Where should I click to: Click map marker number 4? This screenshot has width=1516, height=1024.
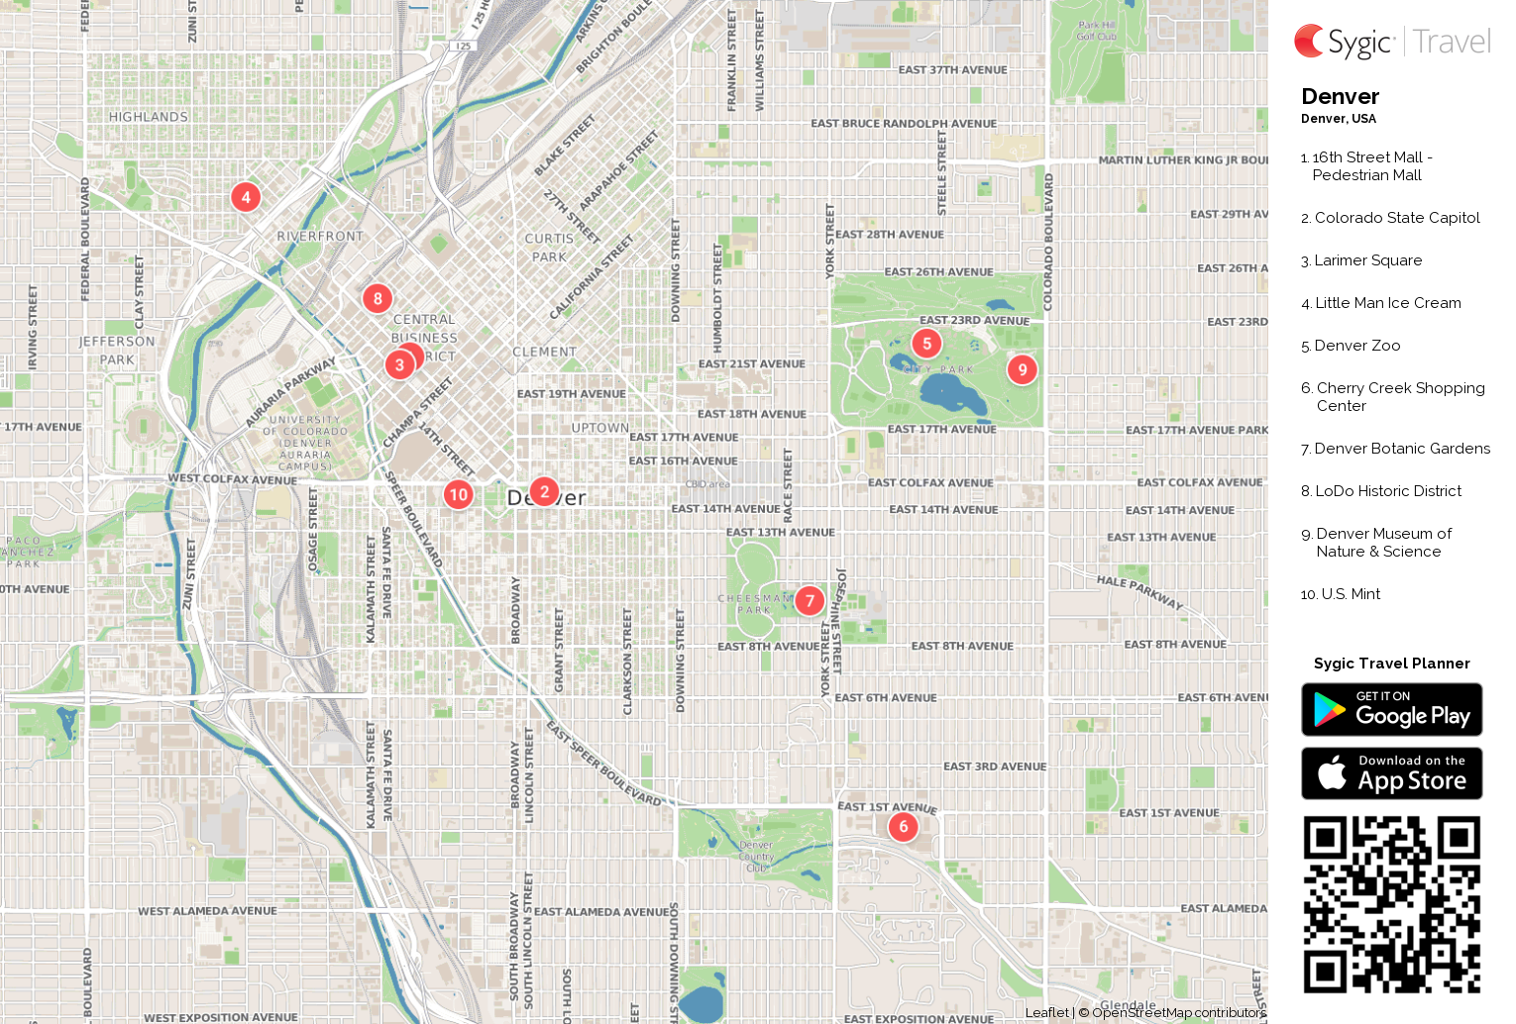pyautogui.click(x=246, y=196)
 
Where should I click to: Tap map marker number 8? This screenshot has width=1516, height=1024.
pyautogui.click(x=378, y=298)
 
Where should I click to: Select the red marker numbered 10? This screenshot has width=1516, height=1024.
pyautogui.click(x=458, y=494)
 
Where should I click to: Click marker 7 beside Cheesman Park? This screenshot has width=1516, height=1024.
pyautogui.click(x=810, y=600)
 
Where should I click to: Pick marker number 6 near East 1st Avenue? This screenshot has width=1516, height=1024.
pyautogui.click(x=903, y=826)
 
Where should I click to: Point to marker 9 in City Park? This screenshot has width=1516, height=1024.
pyautogui.click(x=1023, y=369)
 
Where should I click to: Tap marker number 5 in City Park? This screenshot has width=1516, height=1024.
pyautogui.click(x=926, y=344)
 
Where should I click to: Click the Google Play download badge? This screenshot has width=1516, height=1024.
pyautogui.click(x=1391, y=709)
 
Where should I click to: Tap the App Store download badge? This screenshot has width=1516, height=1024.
pyautogui.click(x=1391, y=772)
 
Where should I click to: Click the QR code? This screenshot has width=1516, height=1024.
pyautogui.click(x=1391, y=904)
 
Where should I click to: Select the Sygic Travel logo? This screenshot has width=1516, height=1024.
pyautogui.click(x=1391, y=42)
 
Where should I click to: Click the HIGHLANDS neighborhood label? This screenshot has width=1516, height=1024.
pyautogui.click(x=149, y=117)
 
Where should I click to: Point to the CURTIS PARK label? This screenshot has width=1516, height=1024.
pyautogui.click(x=549, y=248)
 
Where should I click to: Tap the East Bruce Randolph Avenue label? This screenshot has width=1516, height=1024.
pyautogui.click(x=904, y=124)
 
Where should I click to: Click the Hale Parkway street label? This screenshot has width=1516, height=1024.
pyautogui.click(x=1139, y=591)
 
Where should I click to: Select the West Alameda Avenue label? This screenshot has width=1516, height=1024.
pyautogui.click(x=207, y=911)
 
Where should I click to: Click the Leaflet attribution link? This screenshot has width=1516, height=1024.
pyautogui.click(x=1046, y=1012)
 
